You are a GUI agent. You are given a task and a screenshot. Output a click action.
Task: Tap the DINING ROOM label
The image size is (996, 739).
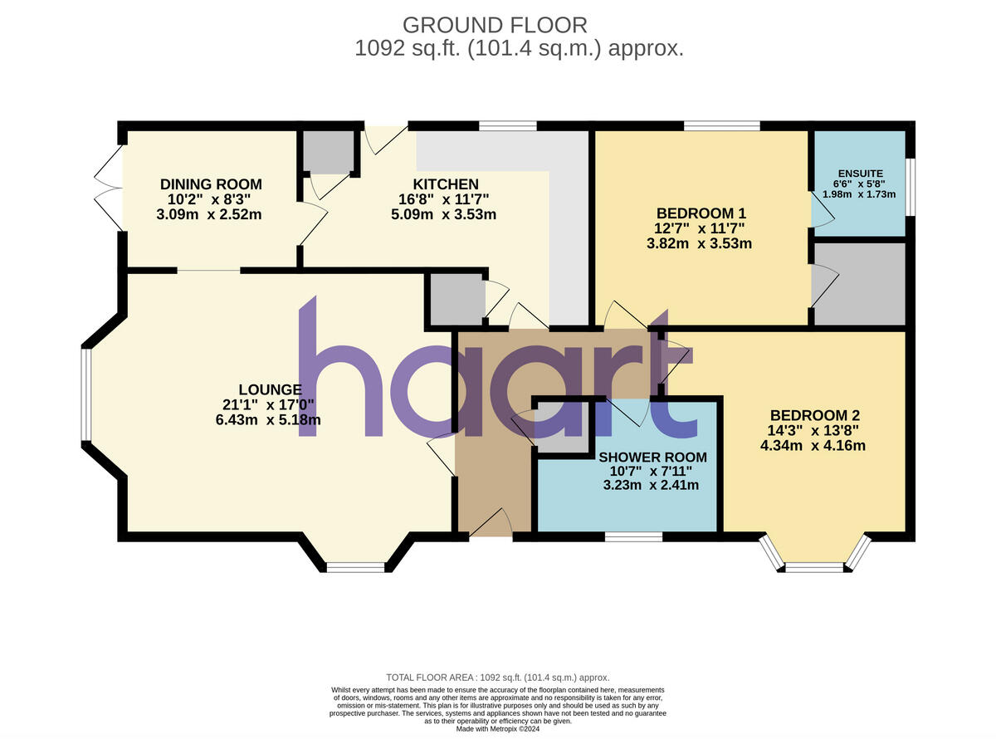(x=211, y=184)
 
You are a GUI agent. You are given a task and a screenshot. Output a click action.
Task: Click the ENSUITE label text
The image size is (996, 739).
(x=858, y=174)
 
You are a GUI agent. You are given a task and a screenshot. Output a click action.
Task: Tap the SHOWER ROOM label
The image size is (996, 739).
(x=652, y=458)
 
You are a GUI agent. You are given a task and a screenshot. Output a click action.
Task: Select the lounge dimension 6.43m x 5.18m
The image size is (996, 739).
(x=267, y=420)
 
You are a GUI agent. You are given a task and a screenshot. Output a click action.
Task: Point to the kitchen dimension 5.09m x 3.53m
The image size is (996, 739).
(x=445, y=215)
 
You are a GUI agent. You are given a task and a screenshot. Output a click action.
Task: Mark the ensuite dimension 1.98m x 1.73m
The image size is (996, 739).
(x=858, y=193)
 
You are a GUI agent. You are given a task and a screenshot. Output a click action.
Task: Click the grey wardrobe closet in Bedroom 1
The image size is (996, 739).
(x=858, y=284)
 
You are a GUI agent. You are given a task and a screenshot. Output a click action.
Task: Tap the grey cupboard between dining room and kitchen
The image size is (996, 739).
(x=327, y=150)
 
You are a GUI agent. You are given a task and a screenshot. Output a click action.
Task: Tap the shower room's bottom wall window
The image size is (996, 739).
(x=633, y=537)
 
